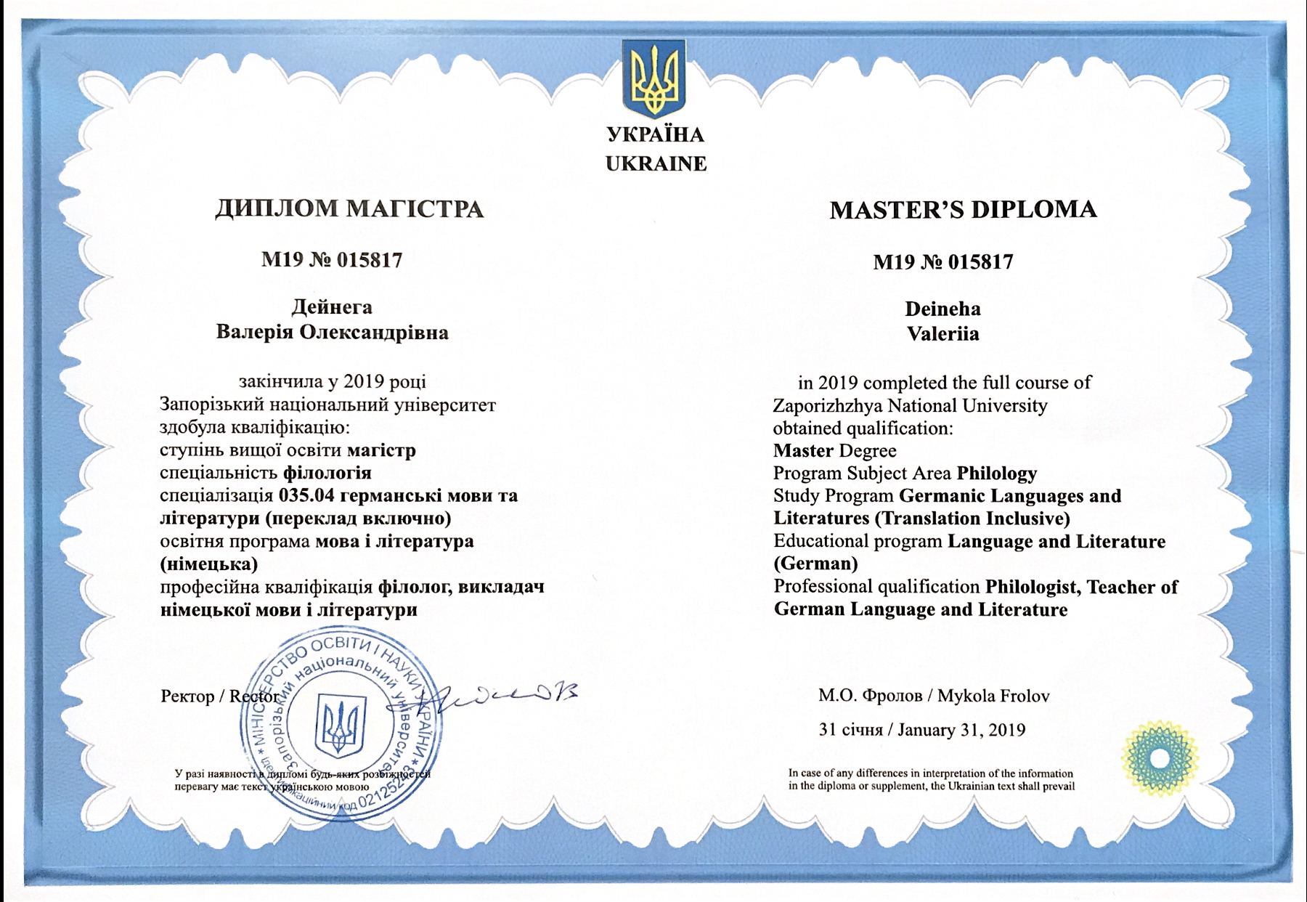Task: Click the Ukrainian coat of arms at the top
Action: coord(653,78)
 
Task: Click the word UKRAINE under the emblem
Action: coord(656,163)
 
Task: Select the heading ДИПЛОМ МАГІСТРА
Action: coord(349,209)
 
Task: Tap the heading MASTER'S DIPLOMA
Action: coord(963,210)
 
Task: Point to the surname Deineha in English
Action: coord(942,309)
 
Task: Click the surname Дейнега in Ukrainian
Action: coord(332,306)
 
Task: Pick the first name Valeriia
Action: coord(942,334)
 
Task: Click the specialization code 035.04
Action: coord(306,495)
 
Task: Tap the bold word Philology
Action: coord(996,474)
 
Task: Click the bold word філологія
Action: coord(327,474)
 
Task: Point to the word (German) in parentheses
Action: coord(815,564)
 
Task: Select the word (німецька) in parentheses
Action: coord(208,564)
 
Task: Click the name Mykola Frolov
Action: coord(993,696)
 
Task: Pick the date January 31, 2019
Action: coord(961,730)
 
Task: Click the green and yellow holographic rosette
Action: coord(1159,758)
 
